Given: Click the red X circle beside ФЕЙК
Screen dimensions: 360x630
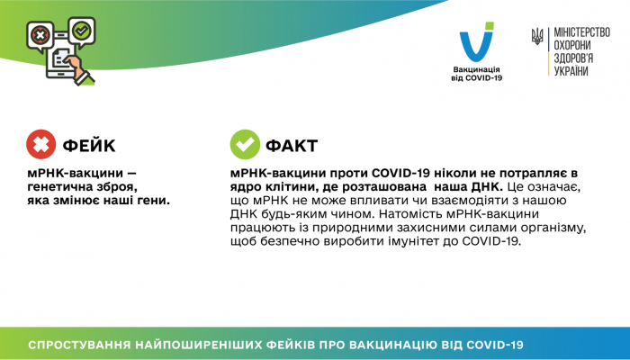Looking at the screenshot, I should tap(40, 144).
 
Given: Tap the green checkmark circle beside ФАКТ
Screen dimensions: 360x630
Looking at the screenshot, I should tap(244, 144).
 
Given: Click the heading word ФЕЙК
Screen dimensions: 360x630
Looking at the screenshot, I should tap(88, 145).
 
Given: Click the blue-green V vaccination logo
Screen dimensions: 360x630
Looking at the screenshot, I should tap(476, 45).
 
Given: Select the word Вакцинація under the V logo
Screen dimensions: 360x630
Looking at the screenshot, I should tap(476, 69).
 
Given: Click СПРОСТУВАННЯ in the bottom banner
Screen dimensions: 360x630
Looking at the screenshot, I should tap(81, 345).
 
